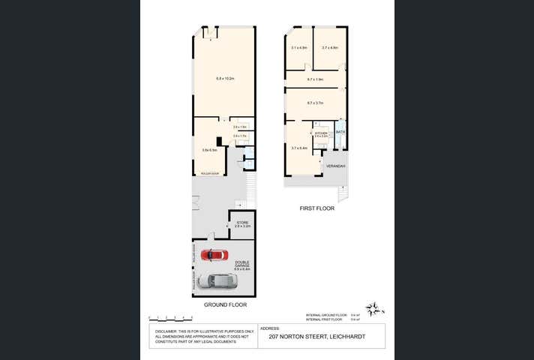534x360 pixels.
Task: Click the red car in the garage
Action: click(x=214, y=255)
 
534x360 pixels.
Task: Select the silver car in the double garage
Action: click(x=217, y=281)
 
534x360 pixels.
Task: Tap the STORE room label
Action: click(x=242, y=223)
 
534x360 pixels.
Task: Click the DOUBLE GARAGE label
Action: click(x=241, y=265)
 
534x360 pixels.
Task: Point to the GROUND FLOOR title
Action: click(x=223, y=305)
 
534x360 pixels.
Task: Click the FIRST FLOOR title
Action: click(x=316, y=208)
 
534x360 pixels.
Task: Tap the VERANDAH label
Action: click(x=334, y=166)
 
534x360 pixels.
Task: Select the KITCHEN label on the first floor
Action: click(x=321, y=133)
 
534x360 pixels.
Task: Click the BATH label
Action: click(x=340, y=132)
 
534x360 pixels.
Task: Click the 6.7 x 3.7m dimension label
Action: click(x=315, y=103)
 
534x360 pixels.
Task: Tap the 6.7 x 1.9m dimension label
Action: click(x=315, y=79)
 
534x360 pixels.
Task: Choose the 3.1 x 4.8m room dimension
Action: click(x=298, y=48)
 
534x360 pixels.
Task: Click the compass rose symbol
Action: click(x=373, y=309)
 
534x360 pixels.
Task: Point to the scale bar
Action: click(x=166, y=317)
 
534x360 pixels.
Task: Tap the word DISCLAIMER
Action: click(x=166, y=331)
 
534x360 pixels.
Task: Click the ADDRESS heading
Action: click(x=269, y=328)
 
